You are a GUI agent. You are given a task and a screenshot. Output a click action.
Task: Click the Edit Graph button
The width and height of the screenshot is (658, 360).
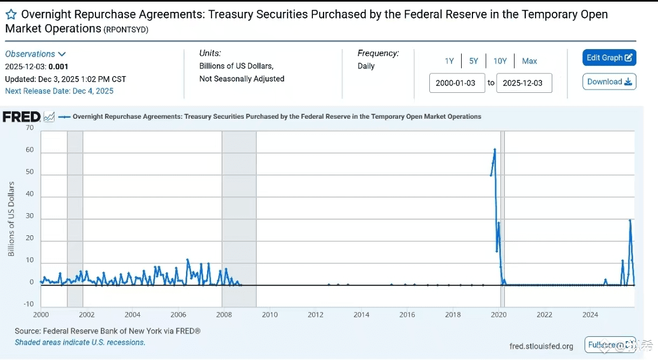coord(609,58)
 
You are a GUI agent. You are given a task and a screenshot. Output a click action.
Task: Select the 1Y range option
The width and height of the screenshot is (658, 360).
coord(449,61)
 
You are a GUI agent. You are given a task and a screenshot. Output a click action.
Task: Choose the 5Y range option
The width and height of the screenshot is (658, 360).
coord(474,61)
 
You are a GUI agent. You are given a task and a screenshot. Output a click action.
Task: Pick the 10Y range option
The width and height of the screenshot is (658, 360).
coord(500,61)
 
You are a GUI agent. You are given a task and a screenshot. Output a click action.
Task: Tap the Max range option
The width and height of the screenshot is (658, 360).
coord(529,61)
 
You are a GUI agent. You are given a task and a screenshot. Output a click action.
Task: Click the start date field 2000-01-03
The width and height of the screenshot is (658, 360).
coord(457,83)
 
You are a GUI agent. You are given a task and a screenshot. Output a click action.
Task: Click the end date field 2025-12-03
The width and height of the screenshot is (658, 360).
coord(524,83)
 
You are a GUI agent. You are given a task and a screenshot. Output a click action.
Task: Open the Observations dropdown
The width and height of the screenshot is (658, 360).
coord(35,54)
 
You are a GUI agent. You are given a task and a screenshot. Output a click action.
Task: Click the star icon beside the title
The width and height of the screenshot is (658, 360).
coord(11,15)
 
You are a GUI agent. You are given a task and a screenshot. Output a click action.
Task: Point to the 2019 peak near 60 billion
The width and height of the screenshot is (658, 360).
coord(495,150)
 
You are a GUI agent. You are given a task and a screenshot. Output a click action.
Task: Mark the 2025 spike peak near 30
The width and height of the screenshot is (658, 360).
coord(630,220)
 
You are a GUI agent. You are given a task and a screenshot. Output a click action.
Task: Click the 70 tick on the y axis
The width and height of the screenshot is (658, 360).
coord(30,128)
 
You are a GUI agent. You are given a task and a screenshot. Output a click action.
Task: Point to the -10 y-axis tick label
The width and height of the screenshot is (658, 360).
coord(28,304)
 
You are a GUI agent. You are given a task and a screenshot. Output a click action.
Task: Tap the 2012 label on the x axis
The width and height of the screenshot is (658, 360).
coord(316,315)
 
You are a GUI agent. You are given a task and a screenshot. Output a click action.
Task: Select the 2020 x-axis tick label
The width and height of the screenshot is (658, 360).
coord(499,315)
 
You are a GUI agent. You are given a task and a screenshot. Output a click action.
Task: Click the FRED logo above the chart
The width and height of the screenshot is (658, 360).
coord(22,117)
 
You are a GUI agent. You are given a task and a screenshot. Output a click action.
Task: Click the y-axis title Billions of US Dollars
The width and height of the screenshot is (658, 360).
coord(11,219)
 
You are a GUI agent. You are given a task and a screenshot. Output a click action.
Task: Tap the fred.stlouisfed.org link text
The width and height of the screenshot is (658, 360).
coord(542,346)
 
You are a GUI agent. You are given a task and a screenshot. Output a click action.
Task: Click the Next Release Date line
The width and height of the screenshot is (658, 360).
coord(59,91)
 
